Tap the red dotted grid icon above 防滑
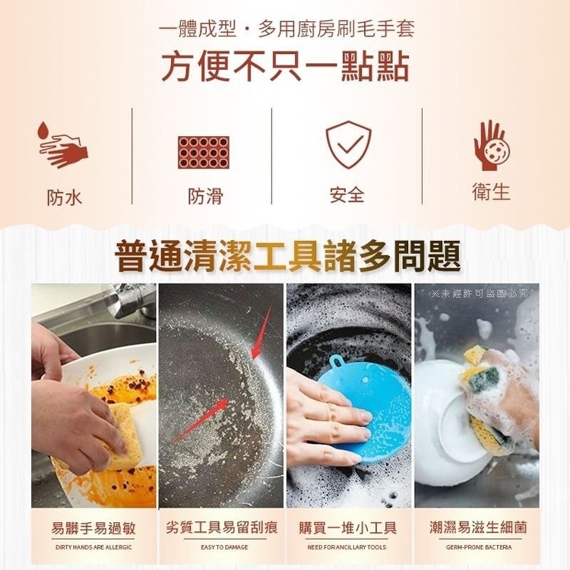(x=204, y=152)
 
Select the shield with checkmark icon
(x=348, y=144)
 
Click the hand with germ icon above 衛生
(x=492, y=145)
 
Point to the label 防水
(x=65, y=198)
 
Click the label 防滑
(x=205, y=196)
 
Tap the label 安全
(x=347, y=195)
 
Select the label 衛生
(x=492, y=192)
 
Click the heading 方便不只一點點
(x=285, y=67)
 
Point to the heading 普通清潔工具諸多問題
(x=288, y=256)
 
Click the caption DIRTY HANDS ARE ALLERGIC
(x=93, y=547)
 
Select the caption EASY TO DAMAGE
(x=224, y=547)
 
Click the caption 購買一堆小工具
(x=347, y=527)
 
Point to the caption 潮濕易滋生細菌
(x=478, y=527)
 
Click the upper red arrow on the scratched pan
(x=261, y=332)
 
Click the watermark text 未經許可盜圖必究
(x=480, y=293)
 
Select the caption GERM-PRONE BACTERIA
(x=479, y=547)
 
